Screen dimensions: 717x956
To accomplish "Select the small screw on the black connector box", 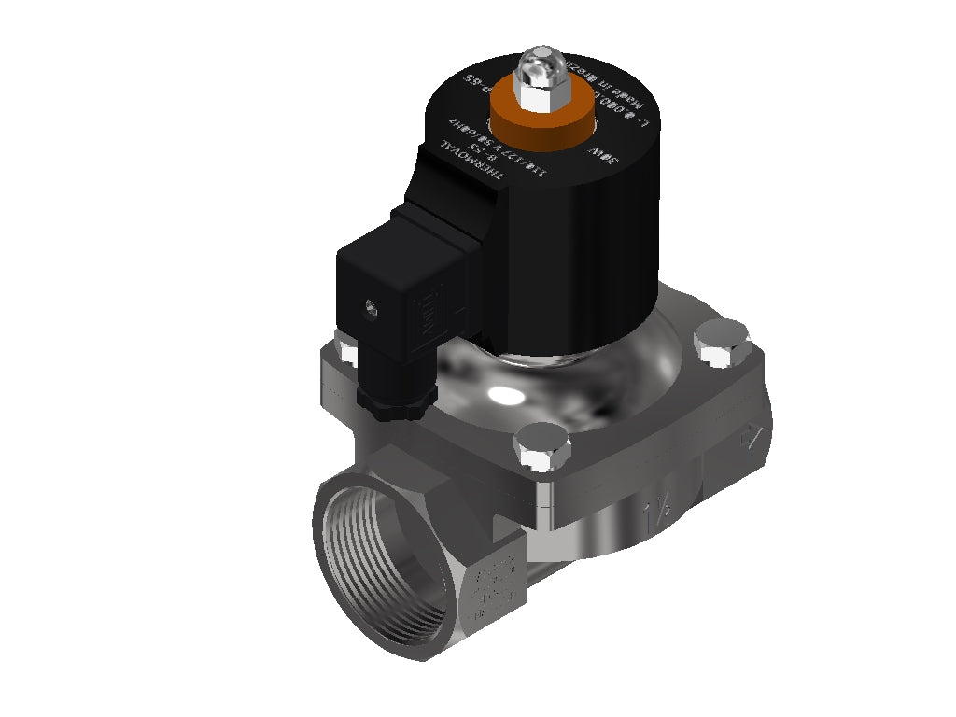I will point(372,305).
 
